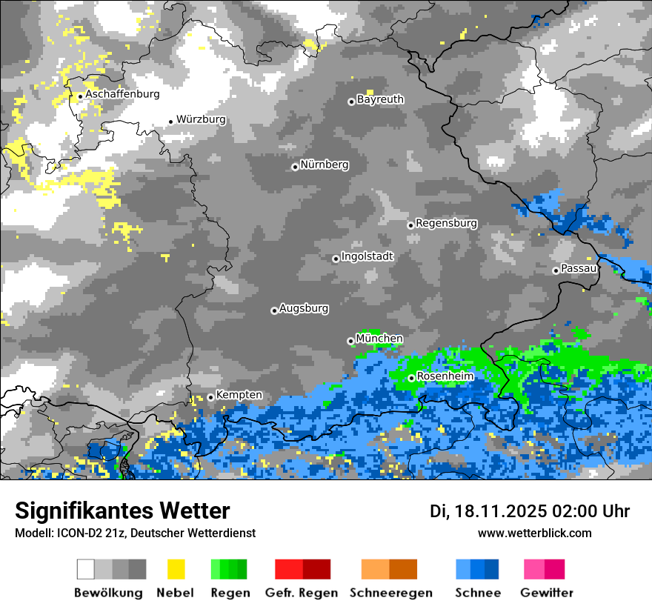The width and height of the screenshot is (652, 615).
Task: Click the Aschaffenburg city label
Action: pyautogui.click(x=122, y=94)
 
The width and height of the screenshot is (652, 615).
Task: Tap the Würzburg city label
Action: pyautogui.click(x=201, y=119)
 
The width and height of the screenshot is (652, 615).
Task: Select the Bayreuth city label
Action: pyautogui.click(x=380, y=99)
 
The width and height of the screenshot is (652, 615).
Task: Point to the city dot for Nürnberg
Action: pyautogui.click(x=295, y=167)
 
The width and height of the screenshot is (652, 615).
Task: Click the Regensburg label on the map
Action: pyautogui.click(x=446, y=223)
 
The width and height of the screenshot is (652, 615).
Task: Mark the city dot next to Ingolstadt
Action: pyautogui.click(x=336, y=259)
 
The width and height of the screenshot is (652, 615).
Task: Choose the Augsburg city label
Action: pyautogui.click(x=304, y=308)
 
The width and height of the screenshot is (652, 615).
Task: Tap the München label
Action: pyautogui.click(x=379, y=339)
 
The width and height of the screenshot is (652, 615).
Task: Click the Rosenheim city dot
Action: pyautogui.click(x=411, y=378)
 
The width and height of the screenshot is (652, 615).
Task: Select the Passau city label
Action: pyautogui.click(x=579, y=268)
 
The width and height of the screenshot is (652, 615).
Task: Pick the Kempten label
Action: pyautogui.click(x=239, y=396)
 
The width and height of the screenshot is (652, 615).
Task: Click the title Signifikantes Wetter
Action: pyautogui.click(x=122, y=511)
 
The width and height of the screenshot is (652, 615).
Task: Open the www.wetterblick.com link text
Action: pyautogui.click(x=534, y=533)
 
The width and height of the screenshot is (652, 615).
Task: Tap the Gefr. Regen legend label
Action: pyautogui.click(x=302, y=593)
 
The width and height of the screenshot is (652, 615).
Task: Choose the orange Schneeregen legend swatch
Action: pyautogui.click(x=375, y=569)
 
